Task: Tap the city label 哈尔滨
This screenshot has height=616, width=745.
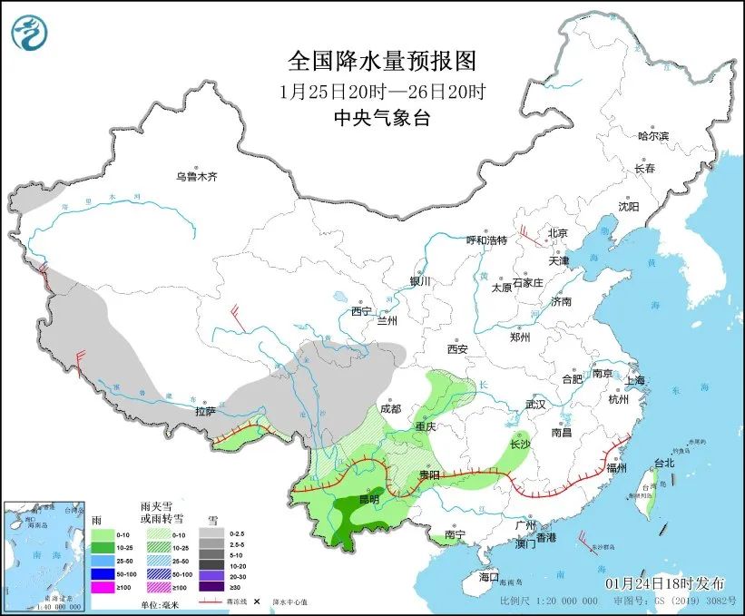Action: click(x=652, y=136)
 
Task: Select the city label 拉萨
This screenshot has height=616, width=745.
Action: click(x=204, y=411)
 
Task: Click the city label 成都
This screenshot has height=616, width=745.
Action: click(x=391, y=408)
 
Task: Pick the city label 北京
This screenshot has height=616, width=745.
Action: click(x=556, y=233)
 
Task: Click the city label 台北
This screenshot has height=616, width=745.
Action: click(x=664, y=463)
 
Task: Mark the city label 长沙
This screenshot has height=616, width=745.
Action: click(x=519, y=445)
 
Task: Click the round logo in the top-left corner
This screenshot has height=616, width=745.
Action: click(x=30, y=33)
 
